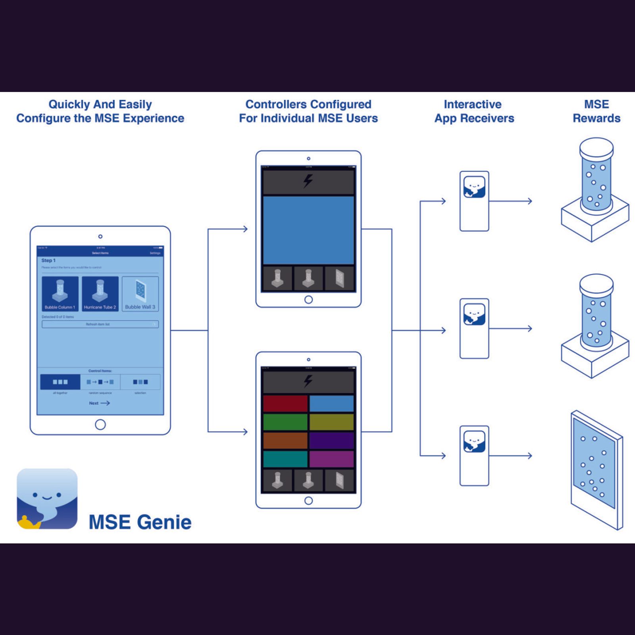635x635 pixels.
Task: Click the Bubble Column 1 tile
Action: click(x=60, y=294)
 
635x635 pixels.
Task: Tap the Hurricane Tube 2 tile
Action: click(x=100, y=294)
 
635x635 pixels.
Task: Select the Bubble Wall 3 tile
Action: click(x=140, y=294)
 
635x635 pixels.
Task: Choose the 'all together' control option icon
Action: click(x=60, y=382)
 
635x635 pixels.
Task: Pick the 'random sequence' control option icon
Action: click(x=100, y=382)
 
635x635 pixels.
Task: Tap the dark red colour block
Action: click(x=285, y=404)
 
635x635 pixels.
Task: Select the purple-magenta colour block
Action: click(x=331, y=459)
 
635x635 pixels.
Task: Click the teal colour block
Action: click(x=285, y=459)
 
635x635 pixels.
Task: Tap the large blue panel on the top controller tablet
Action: click(x=308, y=230)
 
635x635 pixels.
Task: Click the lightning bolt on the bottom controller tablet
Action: click(x=308, y=381)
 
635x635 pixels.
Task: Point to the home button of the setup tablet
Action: click(x=100, y=425)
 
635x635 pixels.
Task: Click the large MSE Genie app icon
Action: click(x=47, y=498)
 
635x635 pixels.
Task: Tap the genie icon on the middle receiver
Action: click(x=474, y=314)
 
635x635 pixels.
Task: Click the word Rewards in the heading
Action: click(x=596, y=118)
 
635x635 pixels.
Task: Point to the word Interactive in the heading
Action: click(x=472, y=104)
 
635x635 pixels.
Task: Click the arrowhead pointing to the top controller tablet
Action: click(x=245, y=229)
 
